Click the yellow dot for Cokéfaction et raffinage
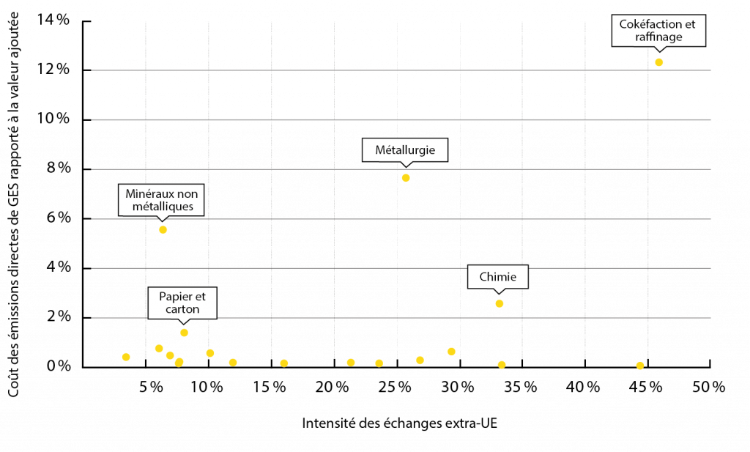[x=658, y=62]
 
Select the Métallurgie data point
[x=406, y=178]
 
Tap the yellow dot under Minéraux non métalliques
[x=163, y=229]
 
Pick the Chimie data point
[x=500, y=304]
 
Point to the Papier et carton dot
[x=184, y=333]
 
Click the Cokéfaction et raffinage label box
[x=658, y=31]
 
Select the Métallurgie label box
[x=404, y=150]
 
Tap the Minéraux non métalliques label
[x=161, y=200]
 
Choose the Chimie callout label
[x=498, y=277]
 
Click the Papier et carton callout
[x=182, y=303]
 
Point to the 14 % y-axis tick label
[x=53, y=20]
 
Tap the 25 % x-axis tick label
[x=395, y=387]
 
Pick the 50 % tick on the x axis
[x=709, y=387]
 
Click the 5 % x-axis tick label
[x=151, y=387]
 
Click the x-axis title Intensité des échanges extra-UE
[x=399, y=423]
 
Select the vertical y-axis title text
[x=13, y=204]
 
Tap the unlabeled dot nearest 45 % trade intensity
[x=640, y=366]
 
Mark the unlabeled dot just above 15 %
[x=284, y=363]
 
